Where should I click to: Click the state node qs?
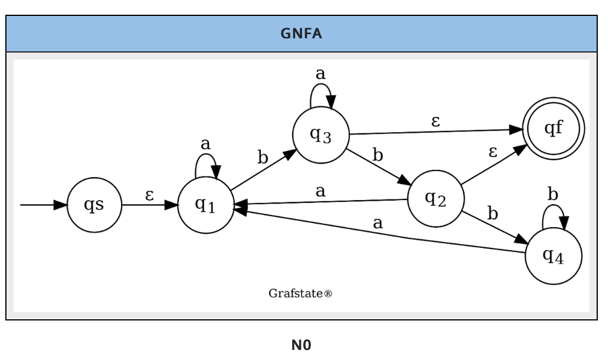tap(94, 205)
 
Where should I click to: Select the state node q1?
tap(205, 205)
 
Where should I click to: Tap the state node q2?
tap(436, 199)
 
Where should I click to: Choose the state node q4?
tap(553, 256)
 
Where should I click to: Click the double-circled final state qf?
tap(553, 129)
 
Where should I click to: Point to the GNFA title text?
tap(302, 34)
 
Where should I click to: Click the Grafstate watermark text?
tap(300, 293)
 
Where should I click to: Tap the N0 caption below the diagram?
tap(301, 345)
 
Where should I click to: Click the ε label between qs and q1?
tap(150, 195)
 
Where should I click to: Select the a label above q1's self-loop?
tap(205, 143)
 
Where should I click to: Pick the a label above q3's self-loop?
tap(320, 74)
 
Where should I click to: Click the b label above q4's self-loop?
tap(553, 194)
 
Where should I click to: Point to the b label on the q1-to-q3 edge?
tap(263, 158)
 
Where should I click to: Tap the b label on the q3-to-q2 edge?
tap(378, 155)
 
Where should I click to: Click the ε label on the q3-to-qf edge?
tap(436, 122)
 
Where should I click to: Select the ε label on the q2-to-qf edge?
tap(493, 152)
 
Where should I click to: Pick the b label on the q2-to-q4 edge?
tap(492, 214)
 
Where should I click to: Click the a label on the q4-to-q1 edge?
tap(378, 223)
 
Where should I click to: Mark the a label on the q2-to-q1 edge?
tap(320, 191)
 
